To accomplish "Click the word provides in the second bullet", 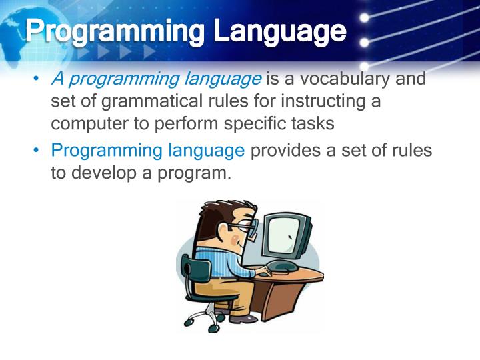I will [288, 151].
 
